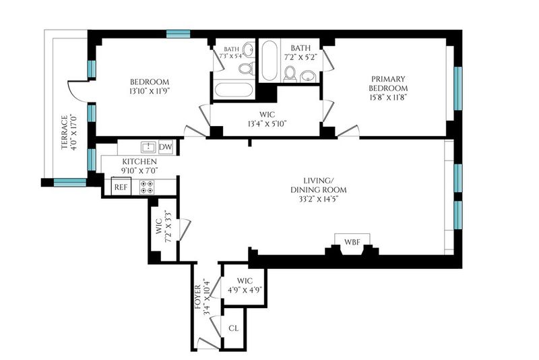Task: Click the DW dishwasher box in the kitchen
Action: [x=166, y=147]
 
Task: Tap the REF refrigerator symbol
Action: [x=121, y=187]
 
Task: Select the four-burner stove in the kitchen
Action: [x=147, y=187]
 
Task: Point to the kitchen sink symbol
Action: [x=148, y=147]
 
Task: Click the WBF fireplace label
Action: [x=352, y=242]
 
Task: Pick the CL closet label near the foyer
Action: [x=233, y=328]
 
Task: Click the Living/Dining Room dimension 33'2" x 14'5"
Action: [x=319, y=198]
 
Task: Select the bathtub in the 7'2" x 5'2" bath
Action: [x=269, y=61]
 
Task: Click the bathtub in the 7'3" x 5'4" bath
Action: [x=234, y=90]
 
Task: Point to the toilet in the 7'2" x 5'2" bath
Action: [x=290, y=74]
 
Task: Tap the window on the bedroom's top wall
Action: [x=178, y=34]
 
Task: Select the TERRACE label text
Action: [x=64, y=132]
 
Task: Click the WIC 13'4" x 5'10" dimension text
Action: [x=267, y=123]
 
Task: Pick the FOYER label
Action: [x=198, y=297]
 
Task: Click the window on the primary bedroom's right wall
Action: [x=458, y=88]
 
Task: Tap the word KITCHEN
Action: [x=139, y=161]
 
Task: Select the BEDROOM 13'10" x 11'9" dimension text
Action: [x=150, y=91]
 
